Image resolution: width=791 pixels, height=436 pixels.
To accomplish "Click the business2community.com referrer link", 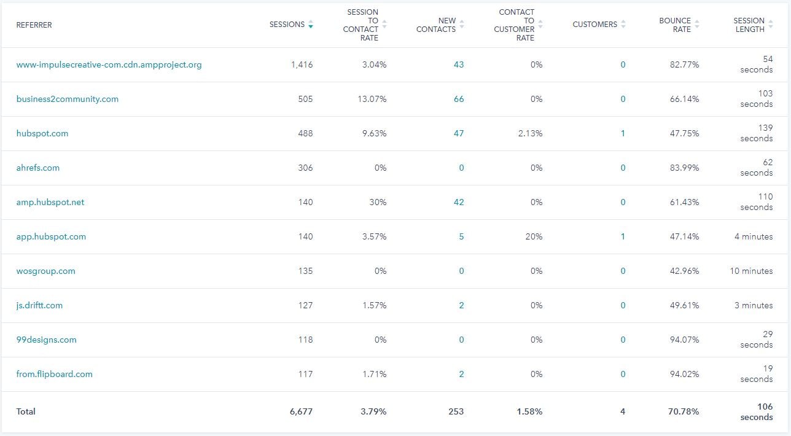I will pos(68,99).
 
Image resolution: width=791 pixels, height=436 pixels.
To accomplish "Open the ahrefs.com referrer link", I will pos(38,168).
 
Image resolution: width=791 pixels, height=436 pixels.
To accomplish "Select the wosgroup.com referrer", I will pos(46,271).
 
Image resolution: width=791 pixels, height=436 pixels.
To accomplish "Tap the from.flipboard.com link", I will pos(55,374).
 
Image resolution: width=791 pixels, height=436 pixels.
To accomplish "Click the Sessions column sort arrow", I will pos(311,25).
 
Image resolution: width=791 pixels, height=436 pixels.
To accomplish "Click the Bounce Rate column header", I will pos(675,25).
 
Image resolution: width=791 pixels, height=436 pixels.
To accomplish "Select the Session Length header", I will pos(749,25).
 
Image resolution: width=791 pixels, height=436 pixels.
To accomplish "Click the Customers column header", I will pos(594,25).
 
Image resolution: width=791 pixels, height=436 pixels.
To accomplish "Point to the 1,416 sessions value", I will pos(302,64).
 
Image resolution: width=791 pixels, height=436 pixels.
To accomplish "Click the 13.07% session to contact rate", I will pos(372,99).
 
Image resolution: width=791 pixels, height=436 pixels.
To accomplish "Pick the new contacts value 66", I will pos(459,99).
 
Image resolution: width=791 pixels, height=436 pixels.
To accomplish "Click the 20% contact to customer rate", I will pos(534,236).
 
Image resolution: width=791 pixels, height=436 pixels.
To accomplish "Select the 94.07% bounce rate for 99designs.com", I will pos(684,340).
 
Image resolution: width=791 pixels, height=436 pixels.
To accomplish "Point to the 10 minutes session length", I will pos(751,271).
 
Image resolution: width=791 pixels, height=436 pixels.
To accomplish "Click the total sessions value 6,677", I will pos(301,411).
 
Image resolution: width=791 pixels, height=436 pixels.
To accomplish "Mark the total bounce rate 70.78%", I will pos(684,411).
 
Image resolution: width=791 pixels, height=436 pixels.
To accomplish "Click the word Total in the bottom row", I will pos(26,411).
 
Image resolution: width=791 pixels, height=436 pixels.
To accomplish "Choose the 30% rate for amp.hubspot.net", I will pos(377,202).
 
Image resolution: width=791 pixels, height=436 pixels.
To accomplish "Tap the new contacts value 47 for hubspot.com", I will pos(459,133).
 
